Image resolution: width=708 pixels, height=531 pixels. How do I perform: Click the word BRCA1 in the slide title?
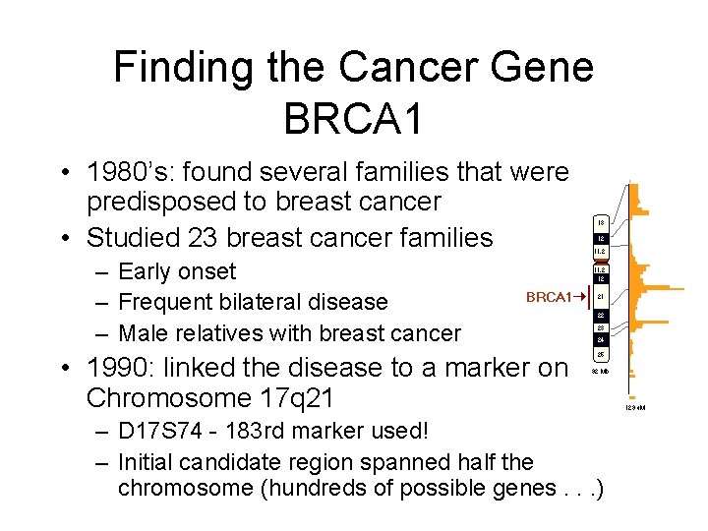point(353,118)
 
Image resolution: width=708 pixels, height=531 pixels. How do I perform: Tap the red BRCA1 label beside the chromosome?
point(548,297)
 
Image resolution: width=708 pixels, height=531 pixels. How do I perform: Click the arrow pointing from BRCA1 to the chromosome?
point(580,297)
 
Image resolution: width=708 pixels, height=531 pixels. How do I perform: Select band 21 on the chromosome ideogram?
point(600,297)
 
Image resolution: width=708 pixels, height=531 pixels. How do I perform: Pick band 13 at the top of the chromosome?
point(600,222)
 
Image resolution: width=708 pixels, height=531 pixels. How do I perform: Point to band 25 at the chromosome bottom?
point(600,353)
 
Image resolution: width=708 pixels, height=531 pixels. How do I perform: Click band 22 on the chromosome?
point(600,316)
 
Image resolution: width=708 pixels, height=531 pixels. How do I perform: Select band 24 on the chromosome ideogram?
point(600,339)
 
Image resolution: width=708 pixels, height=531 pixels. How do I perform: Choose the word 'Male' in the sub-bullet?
point(142,333)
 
